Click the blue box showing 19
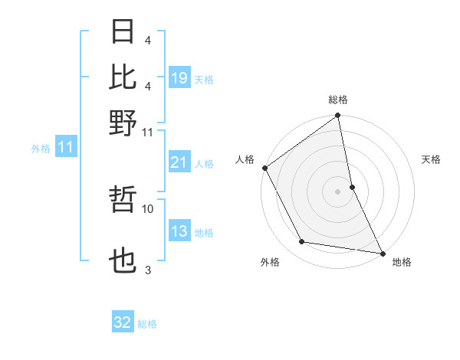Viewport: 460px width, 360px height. coord(179,77)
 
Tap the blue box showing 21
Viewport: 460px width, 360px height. coord(179,162)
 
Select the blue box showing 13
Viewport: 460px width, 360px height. coord(179,231)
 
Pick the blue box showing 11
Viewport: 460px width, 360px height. coord(65,148)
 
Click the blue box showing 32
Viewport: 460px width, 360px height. coord(123,323)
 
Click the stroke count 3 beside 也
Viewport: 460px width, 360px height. coord(148,270)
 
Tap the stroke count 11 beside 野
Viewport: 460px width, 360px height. coord(148,132)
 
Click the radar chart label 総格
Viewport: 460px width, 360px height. coord(338,100)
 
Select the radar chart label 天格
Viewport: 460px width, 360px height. coord(432,159)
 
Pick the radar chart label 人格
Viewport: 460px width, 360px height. coord(245,159)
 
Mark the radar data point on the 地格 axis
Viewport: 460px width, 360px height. coord(382,252)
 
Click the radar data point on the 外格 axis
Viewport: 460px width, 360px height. coord(302,242)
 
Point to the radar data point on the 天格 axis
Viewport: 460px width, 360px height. coord(352,186)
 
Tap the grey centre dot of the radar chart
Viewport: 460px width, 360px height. coord(338,191)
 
